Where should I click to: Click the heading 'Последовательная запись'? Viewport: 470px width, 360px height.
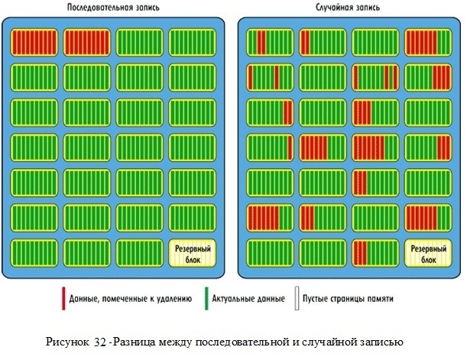click(x=114, y=8)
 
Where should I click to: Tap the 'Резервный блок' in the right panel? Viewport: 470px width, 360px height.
click(x=427, y=253)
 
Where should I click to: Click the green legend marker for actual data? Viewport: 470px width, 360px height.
click(x=208, y=297)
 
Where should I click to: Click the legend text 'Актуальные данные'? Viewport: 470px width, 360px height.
click(x=249, y=298)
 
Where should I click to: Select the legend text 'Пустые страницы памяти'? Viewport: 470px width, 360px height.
click(x=348, y=298)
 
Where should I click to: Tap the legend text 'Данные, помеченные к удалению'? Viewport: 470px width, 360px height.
click(x=130, y=298)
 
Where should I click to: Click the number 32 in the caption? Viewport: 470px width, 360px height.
click(x=101, y=341)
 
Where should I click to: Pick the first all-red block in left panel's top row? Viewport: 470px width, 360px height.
click(x=34, y=42)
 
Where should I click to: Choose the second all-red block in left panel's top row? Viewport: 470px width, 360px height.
click(x=86, y=42)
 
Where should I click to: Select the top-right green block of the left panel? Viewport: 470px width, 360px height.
click(x=192, y=42)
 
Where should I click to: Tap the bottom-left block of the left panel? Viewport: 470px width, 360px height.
click(x=34, y=253)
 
